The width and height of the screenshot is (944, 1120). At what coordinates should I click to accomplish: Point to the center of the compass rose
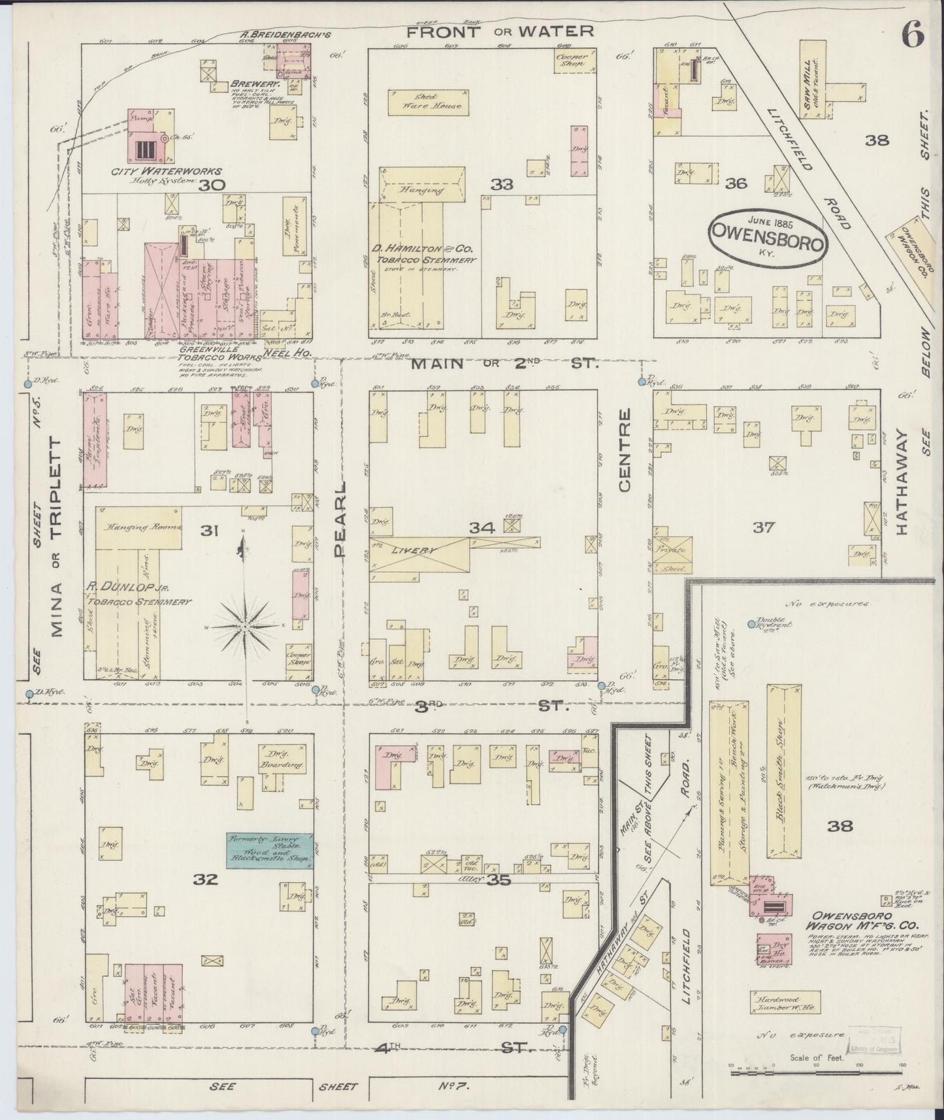(x=245, y=626)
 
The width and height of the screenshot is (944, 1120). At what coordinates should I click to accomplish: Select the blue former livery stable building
(x=269, y=850)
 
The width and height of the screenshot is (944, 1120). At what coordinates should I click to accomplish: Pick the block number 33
(x=501, y=185)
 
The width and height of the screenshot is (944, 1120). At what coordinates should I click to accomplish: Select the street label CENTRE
(x=625, y=450)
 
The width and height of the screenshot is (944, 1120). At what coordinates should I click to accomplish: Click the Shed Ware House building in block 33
(x=429, y=101)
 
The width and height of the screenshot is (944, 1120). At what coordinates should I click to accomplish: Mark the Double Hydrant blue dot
(x=751, y=625)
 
